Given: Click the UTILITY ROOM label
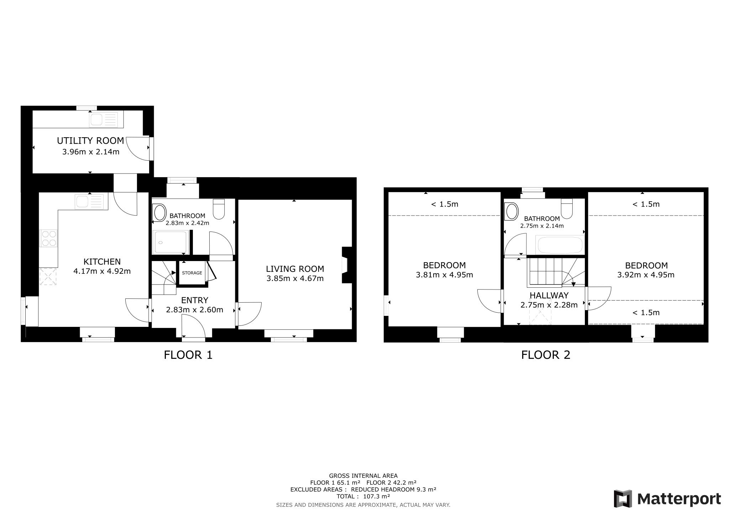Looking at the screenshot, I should coord(90,141).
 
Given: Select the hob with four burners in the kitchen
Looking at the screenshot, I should coord(49,238).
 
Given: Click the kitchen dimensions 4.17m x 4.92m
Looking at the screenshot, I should coord(102,271).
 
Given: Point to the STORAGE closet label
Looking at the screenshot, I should coord(192,273).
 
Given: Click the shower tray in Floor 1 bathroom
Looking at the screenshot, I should coord(170,242).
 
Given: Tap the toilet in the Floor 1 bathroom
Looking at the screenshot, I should coord(219,209).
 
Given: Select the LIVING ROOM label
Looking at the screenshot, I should coord(295,269).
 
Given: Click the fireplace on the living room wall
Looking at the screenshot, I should coord(345,265).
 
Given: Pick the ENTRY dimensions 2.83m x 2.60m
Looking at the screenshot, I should coord(194,310).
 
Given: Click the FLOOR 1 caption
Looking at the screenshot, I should coord(188,355).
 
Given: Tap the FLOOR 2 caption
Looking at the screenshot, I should coord(545,355).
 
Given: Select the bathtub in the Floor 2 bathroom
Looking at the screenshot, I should coord(559,245).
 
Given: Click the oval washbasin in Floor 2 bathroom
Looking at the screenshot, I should coord(512,211).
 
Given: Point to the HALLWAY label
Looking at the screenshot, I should coord(549,296).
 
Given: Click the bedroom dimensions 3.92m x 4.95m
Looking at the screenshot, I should coord(646,275).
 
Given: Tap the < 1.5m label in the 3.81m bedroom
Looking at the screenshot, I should coord(445,204).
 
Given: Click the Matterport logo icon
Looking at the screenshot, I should coord(623,499).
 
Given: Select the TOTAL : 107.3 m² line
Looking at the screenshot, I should coord(363,497).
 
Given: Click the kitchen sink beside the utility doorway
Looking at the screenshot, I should coord(91,201).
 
